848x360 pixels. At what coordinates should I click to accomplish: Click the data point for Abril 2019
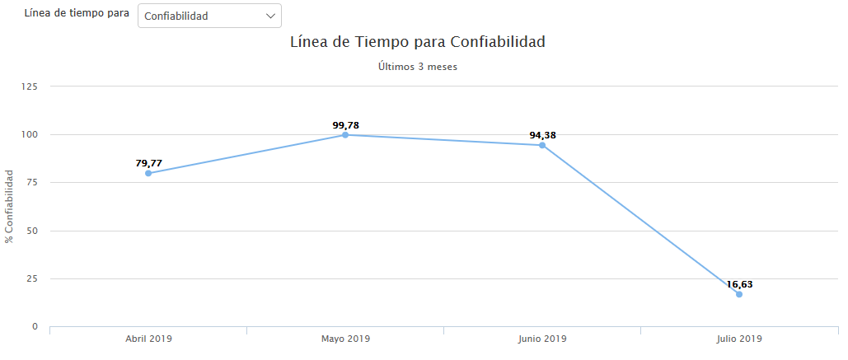pos(148,173)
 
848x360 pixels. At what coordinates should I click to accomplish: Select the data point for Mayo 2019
pos(345,134)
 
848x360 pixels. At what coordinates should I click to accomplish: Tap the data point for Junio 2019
pos(542,145)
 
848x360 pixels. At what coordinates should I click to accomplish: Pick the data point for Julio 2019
pos(739,294)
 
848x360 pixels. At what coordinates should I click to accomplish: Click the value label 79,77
pos(148,163)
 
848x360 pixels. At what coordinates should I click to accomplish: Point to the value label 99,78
pos(345,125)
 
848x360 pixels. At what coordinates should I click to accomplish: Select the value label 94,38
pos(542,135)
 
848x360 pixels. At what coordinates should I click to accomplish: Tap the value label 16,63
pos(739,284)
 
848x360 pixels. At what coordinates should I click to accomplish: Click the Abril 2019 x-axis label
pos(148,339)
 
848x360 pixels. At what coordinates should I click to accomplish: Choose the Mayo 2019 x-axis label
pos(345,339)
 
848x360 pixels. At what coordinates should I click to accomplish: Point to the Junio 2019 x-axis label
pos(542,339)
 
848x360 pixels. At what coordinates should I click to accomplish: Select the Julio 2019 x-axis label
pos(739,339)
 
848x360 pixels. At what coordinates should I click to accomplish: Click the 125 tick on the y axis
pos(30,86)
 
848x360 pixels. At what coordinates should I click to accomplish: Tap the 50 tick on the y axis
pos(32,231)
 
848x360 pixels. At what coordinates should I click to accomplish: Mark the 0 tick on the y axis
pos(35,327)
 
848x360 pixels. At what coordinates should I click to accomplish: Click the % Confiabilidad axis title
pos(9,206)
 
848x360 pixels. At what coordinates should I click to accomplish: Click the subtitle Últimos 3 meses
pos(417,67)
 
